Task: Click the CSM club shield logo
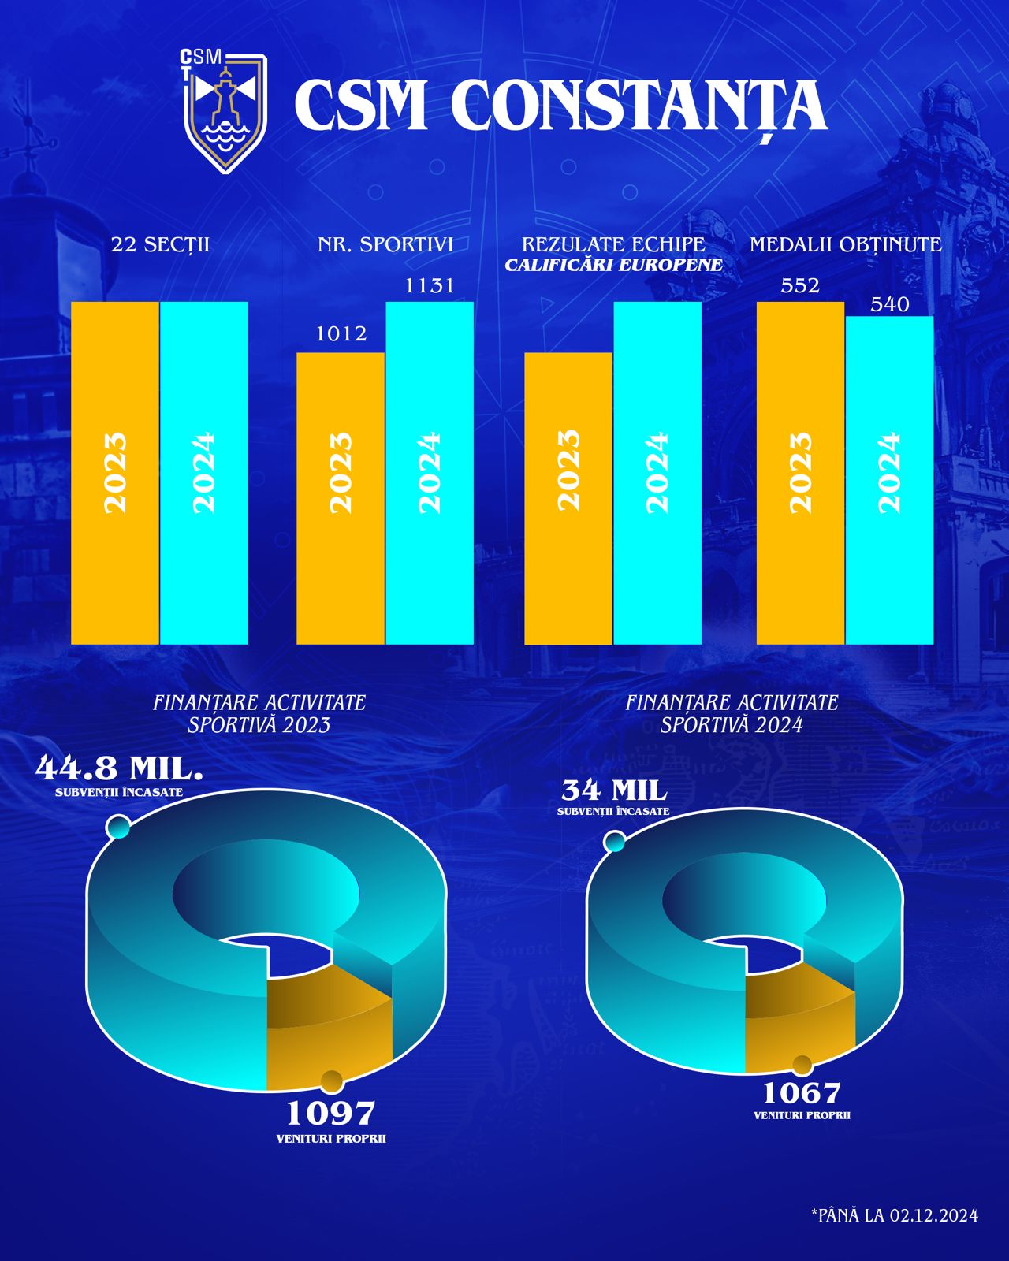pos(225,112)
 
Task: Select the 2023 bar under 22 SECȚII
pos(115,473)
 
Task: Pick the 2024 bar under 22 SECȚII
pos(204,473)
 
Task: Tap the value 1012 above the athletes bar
pos(341,333)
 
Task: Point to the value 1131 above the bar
pos(430,285)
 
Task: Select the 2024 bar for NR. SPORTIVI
pos(430,473)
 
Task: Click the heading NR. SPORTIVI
pos(385,244)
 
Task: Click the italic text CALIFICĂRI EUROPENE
pos(613,266)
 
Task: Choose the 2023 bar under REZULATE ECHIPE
pos(568,498)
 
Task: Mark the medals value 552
pos(800,285)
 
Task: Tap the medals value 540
pos(890,304)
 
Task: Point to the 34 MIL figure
pos(614,790)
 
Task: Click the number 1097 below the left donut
pos(330,1113)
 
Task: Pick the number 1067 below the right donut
pos(802,1092)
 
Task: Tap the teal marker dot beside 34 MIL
pos(614,843)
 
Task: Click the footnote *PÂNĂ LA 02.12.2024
pos(894,1215)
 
